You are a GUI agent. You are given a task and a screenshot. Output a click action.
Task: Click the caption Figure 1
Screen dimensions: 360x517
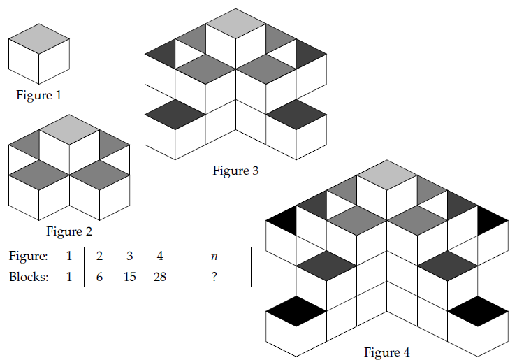coord(44,95)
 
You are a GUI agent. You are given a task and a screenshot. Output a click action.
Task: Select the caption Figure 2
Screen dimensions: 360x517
coord(69,231)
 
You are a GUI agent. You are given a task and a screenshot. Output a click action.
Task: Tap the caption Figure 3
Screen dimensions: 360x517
coord(236,170)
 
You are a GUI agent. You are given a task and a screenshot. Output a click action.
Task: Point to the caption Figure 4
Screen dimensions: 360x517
coord(387,352)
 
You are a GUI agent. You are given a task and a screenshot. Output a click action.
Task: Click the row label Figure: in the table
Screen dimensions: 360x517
coord(29,255)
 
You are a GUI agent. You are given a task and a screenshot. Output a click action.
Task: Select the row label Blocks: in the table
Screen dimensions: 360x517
coord(29,276)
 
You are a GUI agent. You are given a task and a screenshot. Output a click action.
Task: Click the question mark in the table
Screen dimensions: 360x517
coord(213,276)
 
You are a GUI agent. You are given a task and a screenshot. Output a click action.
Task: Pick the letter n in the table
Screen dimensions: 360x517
coord(213,256)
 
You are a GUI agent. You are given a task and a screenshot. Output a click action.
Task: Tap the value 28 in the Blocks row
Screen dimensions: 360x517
coord(160,276)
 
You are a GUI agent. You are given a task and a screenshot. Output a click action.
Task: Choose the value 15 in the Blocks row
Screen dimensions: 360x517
coord(130,276)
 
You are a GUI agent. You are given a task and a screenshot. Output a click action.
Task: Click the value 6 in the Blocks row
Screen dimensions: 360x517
coord(99,276)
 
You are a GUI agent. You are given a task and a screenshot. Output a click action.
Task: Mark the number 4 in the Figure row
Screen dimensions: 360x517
coord(160,256)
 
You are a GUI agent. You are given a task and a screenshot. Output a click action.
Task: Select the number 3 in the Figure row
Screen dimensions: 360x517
coord(130,256)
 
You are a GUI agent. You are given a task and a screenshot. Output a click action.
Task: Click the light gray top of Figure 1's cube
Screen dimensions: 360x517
coord(39,38)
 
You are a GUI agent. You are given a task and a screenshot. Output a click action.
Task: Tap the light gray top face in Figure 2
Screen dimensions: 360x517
coord(69,130)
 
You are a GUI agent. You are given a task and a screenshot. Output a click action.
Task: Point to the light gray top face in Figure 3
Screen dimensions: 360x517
coord(236,23)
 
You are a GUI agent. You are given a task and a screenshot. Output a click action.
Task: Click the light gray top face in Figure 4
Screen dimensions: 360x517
coord(387,174)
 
